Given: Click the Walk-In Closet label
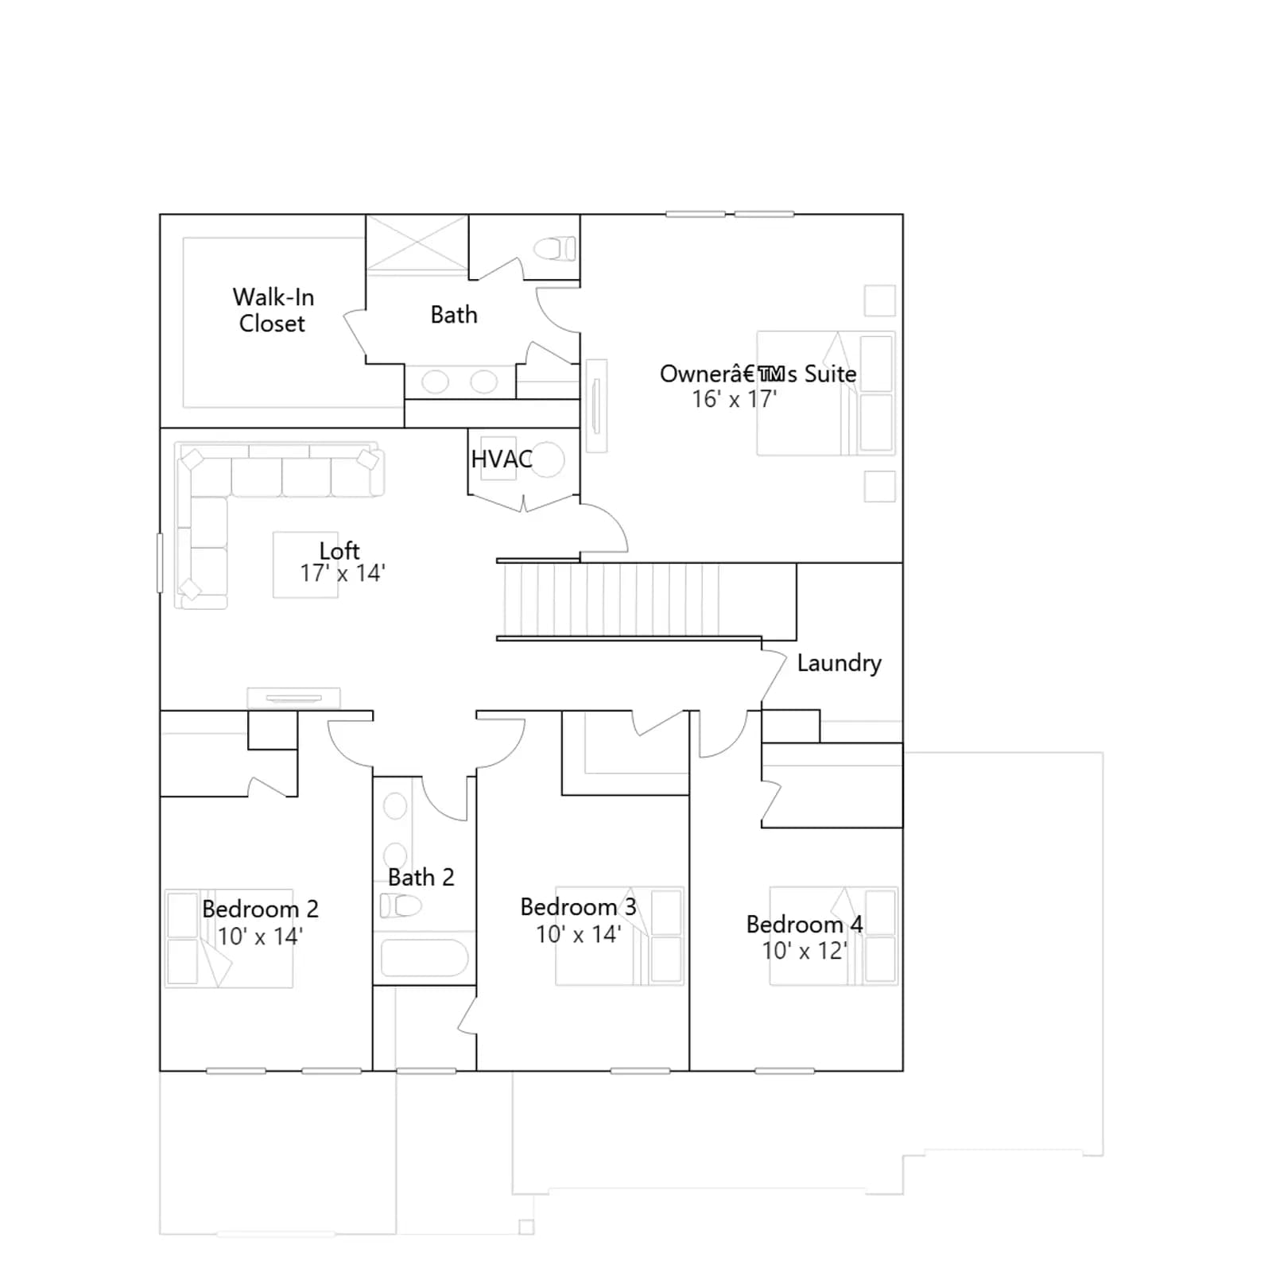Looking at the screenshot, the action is point(273,310).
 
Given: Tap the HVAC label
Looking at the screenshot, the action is point(502,459).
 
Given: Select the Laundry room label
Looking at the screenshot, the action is point(839,663).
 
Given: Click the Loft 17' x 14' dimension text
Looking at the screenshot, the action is point(343,572).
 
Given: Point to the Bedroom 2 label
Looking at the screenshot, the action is point(260,909).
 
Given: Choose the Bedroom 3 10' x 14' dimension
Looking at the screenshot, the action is point(579,934).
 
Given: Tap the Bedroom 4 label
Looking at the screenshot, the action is point(805,925).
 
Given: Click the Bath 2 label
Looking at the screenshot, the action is point(421,877).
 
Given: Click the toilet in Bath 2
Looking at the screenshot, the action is point(401,905).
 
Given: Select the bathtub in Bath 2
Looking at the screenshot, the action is point(425,958).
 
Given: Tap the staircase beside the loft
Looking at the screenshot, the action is point(646,600).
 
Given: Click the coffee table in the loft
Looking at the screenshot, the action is point(306,564).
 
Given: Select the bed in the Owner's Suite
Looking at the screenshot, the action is point(826,393).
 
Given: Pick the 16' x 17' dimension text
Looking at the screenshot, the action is point(735,398).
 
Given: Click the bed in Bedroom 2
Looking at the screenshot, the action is point(229,938).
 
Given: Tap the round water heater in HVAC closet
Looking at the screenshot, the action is point(547,460).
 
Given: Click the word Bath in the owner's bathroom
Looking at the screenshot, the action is point(454,315).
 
